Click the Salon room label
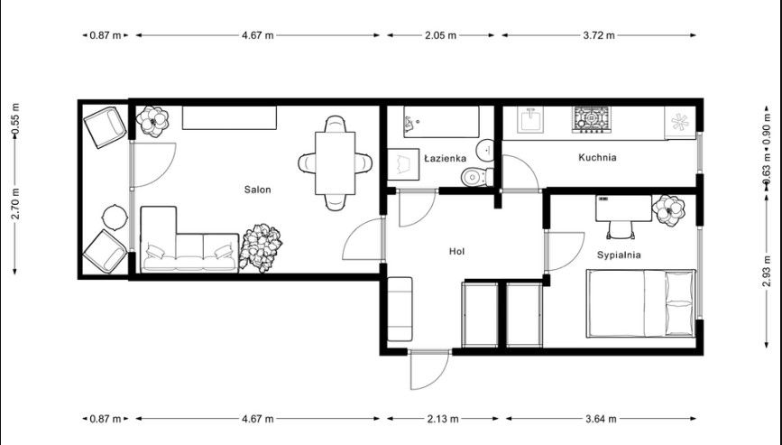(x=257, y=190)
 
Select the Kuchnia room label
(x=597, y=157)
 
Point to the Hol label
(x=456, y=251)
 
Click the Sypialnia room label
(x=619, y=255)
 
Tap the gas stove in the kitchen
(x=593, y=119)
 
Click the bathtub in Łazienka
(x=441, y=121)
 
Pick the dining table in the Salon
(x=336, y=163)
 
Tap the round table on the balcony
(x=115, y=217)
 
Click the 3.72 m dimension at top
(x=598, y=36)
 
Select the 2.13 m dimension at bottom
(x=441, y=419)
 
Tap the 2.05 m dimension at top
(x=441, y=36)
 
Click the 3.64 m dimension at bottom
(x=598, y=419)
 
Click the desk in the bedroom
(x=622, y=206)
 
